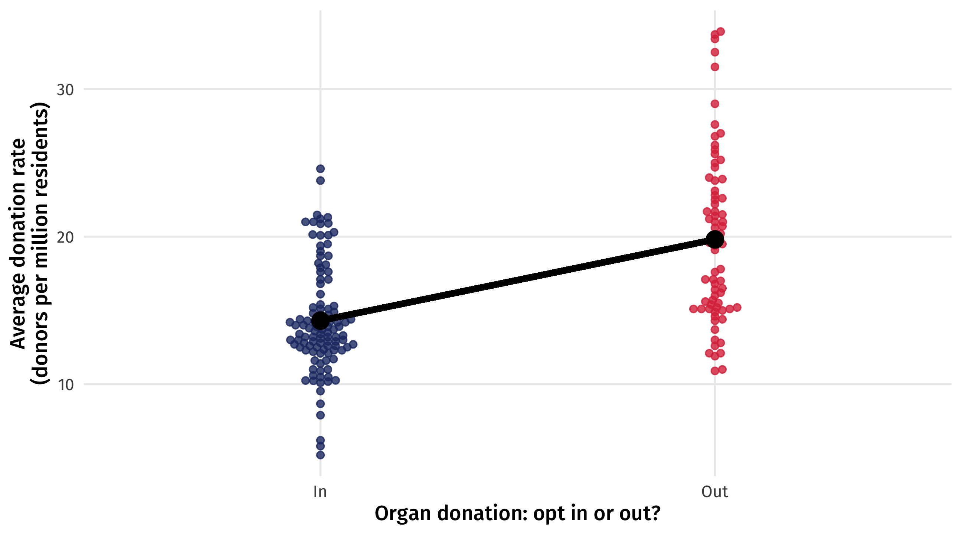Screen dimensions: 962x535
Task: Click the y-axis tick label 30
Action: [65, 90]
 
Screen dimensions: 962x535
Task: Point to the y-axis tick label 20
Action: [65, 237]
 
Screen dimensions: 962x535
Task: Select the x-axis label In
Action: [320, 492]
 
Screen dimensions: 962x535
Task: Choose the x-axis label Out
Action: [714, 492]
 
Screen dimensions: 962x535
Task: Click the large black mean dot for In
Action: [320, 320]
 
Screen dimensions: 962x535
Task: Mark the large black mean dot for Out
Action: [715, 239]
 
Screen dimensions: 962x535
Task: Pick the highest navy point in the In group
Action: [320, 169]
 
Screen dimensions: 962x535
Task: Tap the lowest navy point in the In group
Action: [320, 455]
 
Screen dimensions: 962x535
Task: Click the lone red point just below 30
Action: [715, 104]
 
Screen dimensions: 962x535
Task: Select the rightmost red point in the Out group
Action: [737, 308]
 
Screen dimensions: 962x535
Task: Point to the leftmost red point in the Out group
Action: [694, 309]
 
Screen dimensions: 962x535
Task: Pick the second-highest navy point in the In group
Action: [320, 181]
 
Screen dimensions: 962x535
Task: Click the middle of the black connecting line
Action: [518, 280]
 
